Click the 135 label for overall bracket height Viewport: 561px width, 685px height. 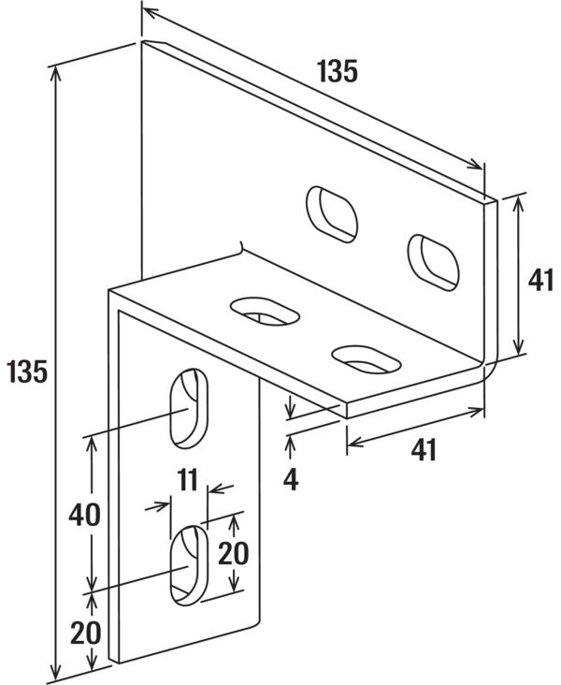(x=27, y=372)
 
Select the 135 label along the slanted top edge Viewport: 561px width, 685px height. (x=338, y=71)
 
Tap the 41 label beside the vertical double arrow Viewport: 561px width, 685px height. (x=540, y=280)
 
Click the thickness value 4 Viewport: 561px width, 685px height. (x=291, y=480)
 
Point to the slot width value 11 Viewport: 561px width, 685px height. (x=188, y=479)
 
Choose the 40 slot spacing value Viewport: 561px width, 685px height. (x=84, y=515)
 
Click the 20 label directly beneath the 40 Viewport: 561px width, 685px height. (x=86, y=633)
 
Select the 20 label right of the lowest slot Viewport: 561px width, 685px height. (x=233, y=553)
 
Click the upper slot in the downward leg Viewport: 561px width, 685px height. (x=189, y=408)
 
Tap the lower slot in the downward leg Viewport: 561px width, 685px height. (x=189, y=565)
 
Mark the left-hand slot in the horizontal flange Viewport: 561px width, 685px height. (x=265, y=312)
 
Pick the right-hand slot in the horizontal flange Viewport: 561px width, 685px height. (x=367, y=359)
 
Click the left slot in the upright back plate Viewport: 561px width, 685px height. (x=332, y=214)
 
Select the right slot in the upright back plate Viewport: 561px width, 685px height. (x=433, y=263)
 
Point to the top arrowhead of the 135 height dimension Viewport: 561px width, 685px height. (x=55, y=74)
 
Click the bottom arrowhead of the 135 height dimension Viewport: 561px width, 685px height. (x=55, y=671)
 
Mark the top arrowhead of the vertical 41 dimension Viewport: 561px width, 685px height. (x=518, y=203)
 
